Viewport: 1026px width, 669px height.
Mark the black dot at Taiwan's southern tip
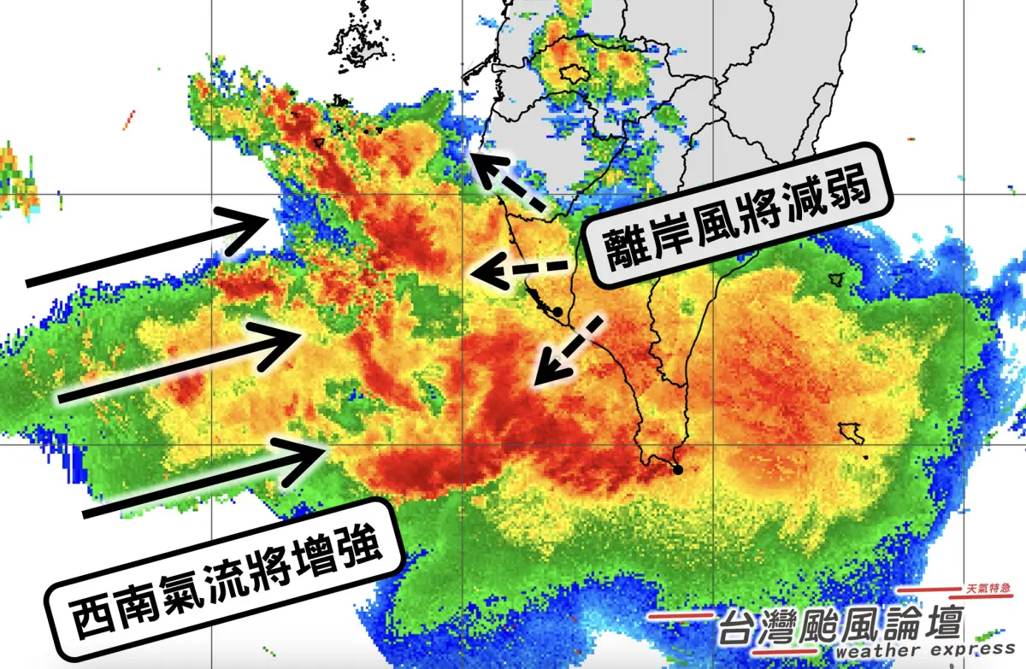click(x=678, y=469)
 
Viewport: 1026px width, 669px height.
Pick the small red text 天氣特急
click(x=988, y=589)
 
